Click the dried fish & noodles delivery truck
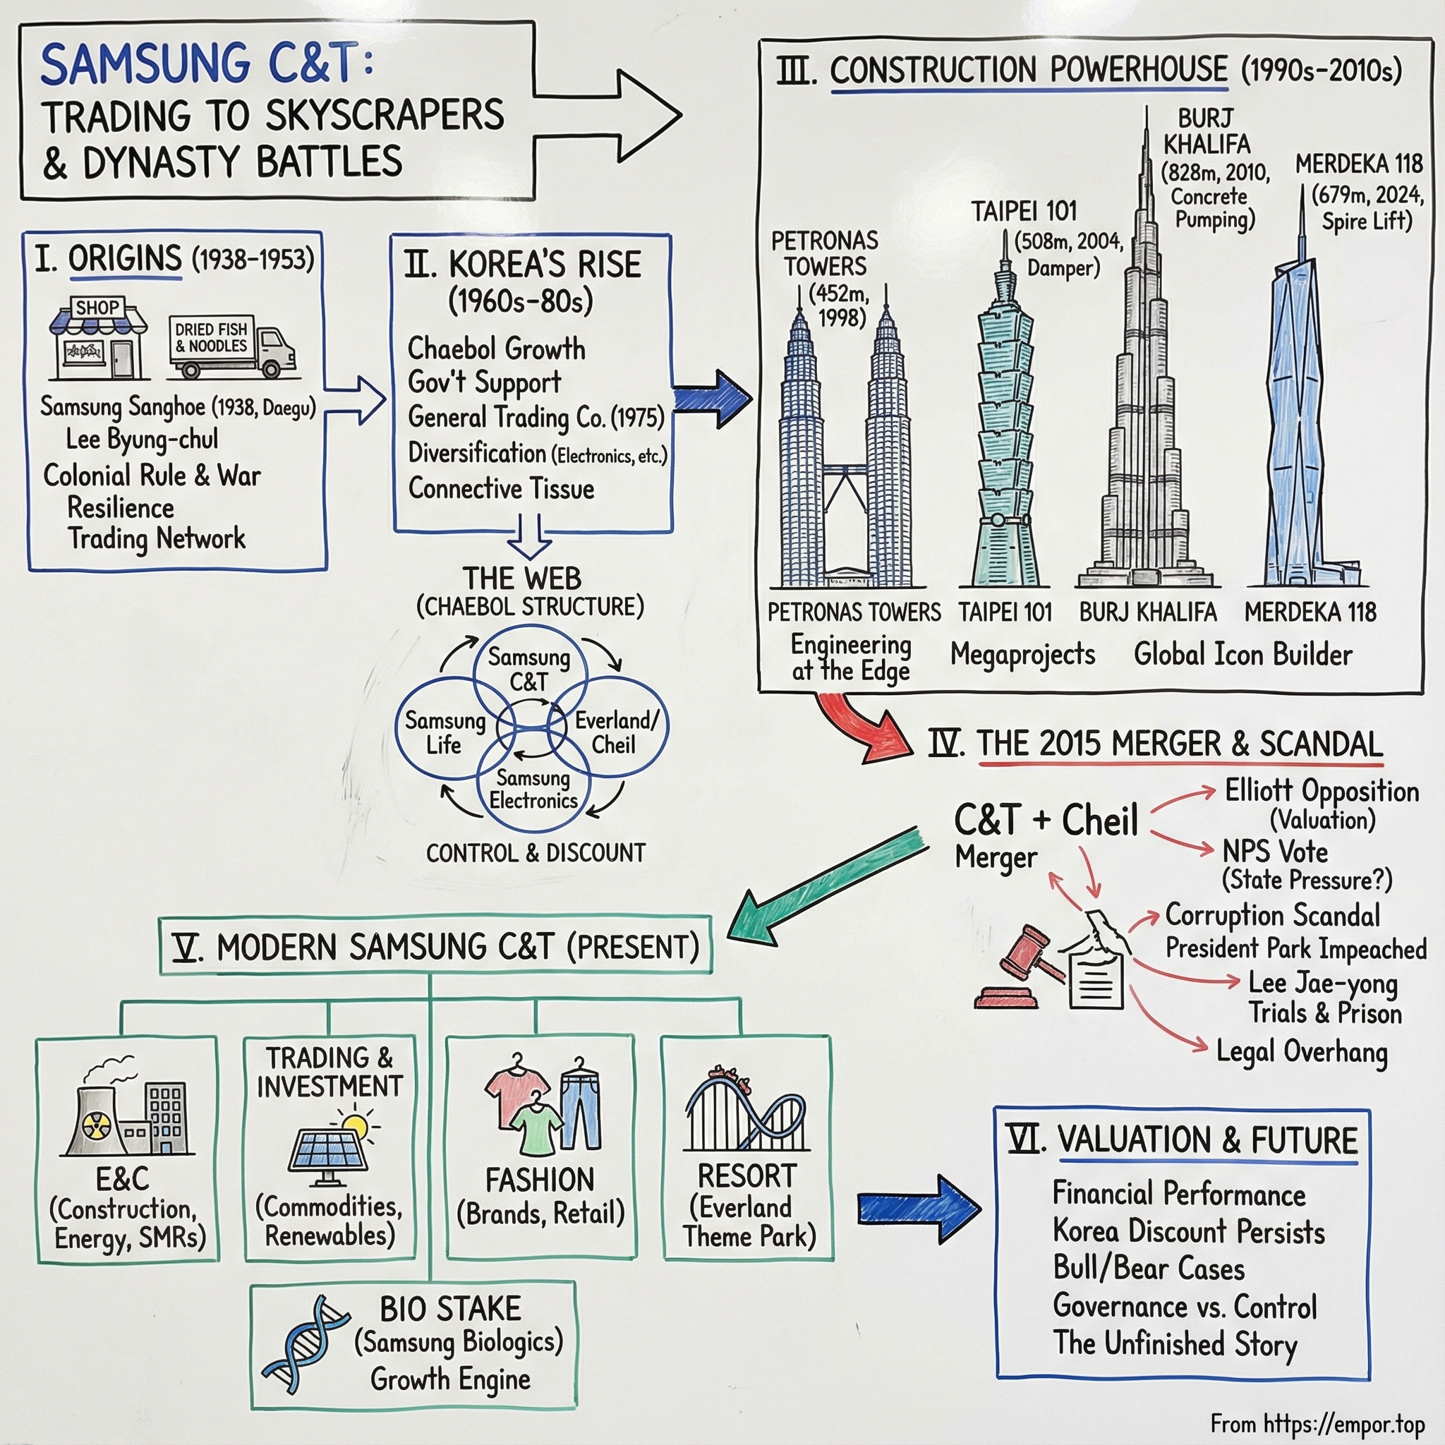(x=234, y=346)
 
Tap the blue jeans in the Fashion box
(x=581, y=1104)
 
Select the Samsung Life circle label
(x=445, y=732)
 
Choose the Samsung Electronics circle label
(x=533, y=789)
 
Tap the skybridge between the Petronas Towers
(x=845, y=471)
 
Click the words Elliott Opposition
(x=1322, y=792)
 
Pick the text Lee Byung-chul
(x=142, y=439)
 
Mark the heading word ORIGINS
(x=125, y=259)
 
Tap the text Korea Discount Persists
(x=1188, y=1231)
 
